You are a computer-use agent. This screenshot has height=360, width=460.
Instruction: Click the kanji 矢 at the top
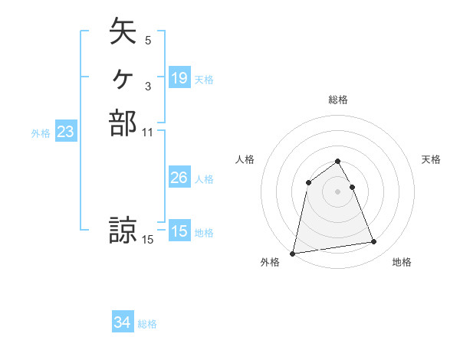(122, 32)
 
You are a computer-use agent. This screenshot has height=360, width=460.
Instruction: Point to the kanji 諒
(123, 231)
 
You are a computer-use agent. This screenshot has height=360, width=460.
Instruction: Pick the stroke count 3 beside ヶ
(148, 87)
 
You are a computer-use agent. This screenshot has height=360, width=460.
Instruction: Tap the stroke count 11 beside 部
(148, 133)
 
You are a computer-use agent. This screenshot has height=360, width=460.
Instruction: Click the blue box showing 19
(179, 78)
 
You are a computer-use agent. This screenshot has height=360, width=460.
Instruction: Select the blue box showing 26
(179, 178)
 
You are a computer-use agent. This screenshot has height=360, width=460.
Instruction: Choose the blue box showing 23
(66, 133)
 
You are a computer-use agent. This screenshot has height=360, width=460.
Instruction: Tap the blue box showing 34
(123, 323)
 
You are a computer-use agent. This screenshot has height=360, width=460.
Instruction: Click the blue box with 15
(179, 231)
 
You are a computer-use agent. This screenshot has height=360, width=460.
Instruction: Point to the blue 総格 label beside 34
(147, 324)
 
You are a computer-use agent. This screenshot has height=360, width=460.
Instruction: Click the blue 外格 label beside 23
(41, 133)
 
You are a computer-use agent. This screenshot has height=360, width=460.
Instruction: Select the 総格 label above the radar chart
(338, 100)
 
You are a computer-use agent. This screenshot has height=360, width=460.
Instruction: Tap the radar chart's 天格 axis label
(432, 159)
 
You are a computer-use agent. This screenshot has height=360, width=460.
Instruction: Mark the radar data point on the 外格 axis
(293, 253)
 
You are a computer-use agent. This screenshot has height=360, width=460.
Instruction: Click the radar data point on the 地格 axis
(374, 242)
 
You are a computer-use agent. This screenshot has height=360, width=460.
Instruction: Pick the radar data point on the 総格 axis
(338, 161)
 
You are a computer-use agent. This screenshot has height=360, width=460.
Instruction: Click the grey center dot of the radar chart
(338, 191)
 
